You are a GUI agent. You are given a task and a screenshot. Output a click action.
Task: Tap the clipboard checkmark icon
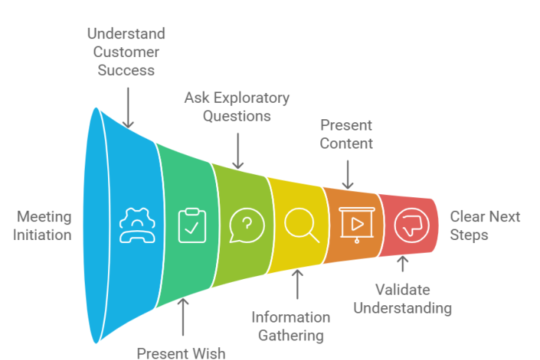(192, 225)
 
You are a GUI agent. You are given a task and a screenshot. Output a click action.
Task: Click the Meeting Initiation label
(44, 226)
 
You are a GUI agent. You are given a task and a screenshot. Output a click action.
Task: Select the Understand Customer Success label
(126, 52)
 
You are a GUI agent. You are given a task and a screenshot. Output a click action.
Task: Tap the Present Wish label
(181, 352)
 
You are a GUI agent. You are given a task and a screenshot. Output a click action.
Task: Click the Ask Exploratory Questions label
(237, 107)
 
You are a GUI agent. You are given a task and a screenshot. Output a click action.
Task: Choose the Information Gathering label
(290, 325)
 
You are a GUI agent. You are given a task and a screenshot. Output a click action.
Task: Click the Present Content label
(346, 133)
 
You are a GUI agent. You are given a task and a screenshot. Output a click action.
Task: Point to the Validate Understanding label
(402, 298)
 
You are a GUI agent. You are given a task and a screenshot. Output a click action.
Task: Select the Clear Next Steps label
(484, 226)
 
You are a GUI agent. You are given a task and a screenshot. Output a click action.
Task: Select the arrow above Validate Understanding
(403, 265)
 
